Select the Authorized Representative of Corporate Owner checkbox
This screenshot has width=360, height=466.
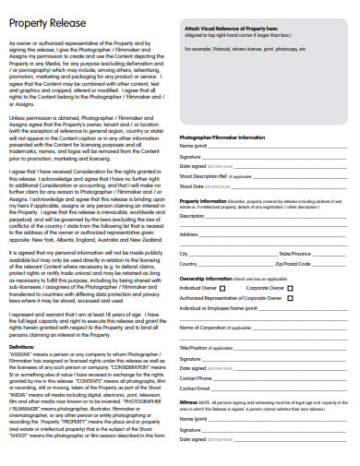coord(291,296)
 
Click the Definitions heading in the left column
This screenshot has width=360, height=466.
coord(24,345)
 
